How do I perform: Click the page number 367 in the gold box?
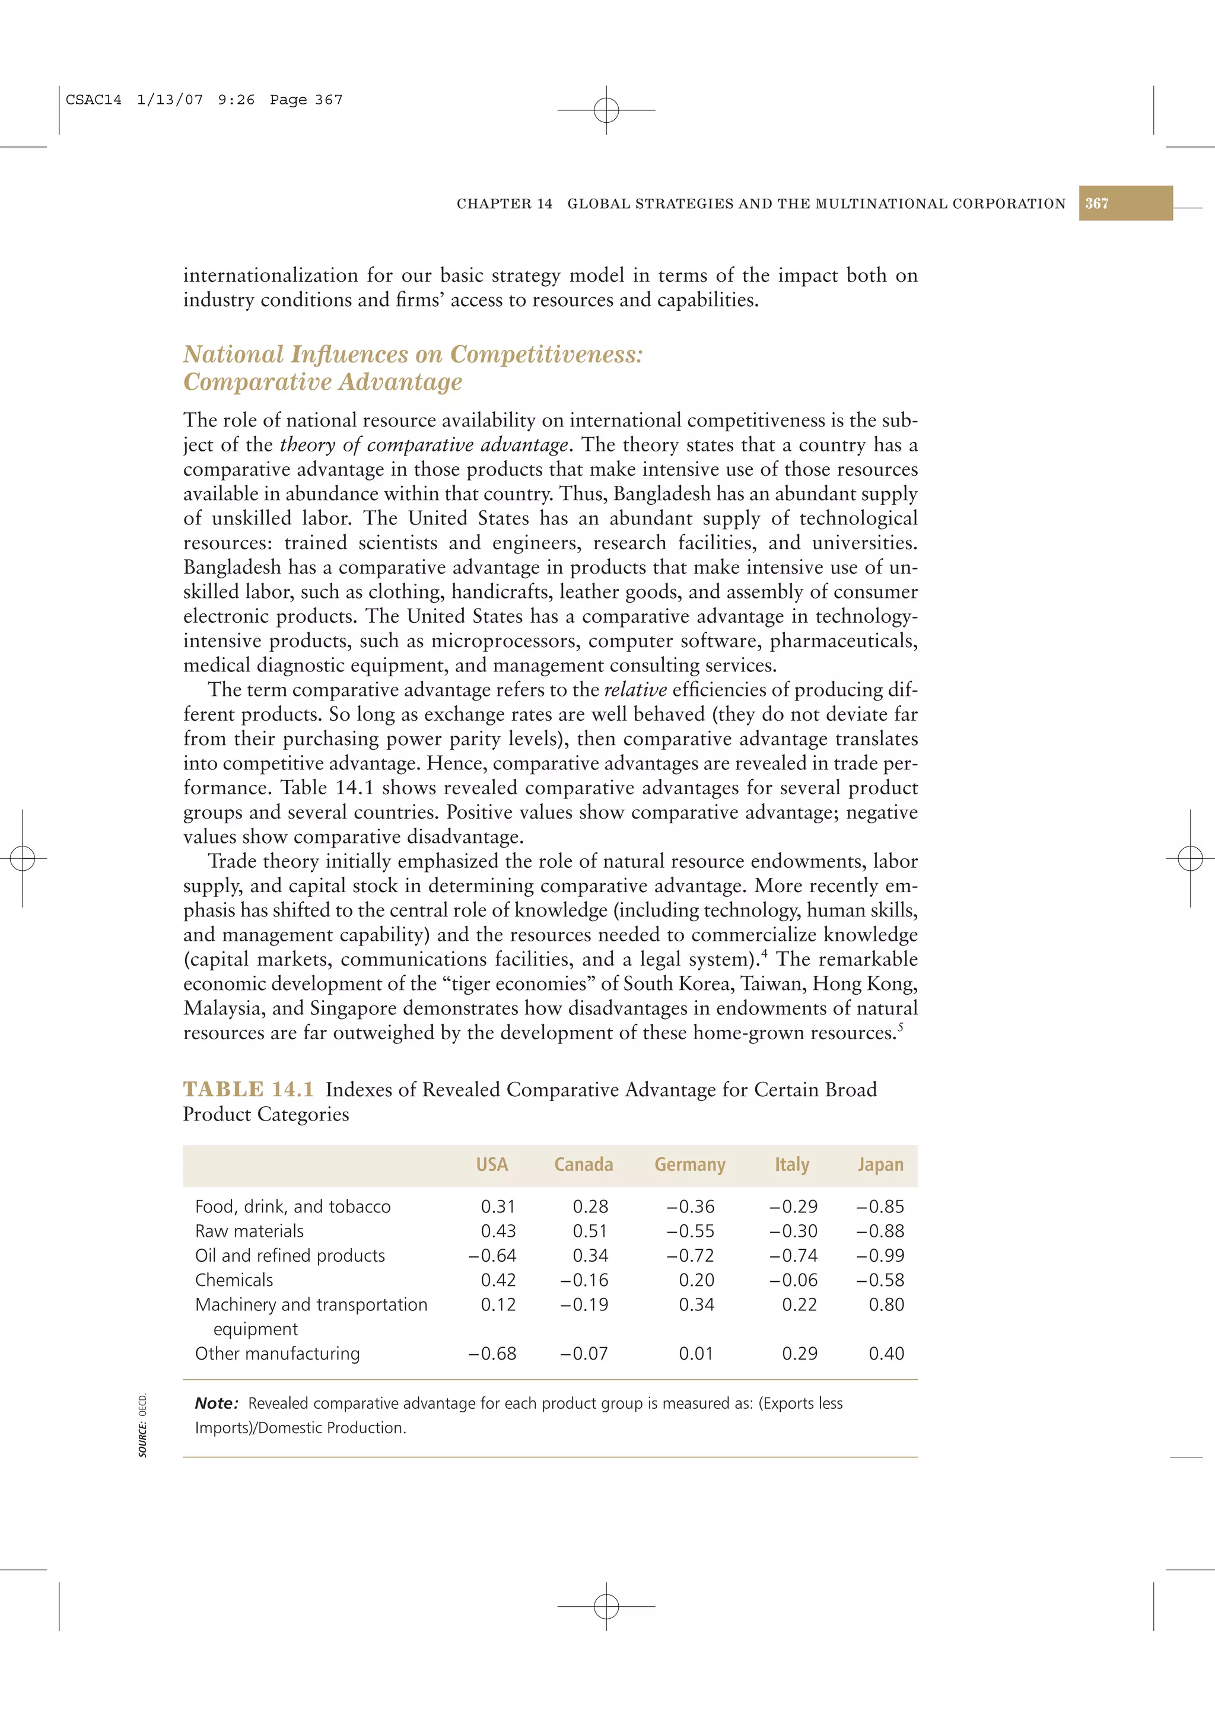click(1097, 203)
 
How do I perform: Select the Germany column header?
click(689, 1164)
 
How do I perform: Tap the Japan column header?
click(880, 1164)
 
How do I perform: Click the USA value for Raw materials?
click(498, 1231)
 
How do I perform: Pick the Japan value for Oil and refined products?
click(880, 1256)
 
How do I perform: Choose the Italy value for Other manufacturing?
click(800, 1354)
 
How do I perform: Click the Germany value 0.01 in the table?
click(696, 1354)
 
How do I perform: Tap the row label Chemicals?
click(234, 1280)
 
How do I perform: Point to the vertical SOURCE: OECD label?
click(143, 1424)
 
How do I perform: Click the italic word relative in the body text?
click(635, 689)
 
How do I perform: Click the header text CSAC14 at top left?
click(94, 100)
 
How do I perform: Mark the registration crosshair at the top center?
click(606, 110)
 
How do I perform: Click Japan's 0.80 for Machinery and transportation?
click(886, 1304)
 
